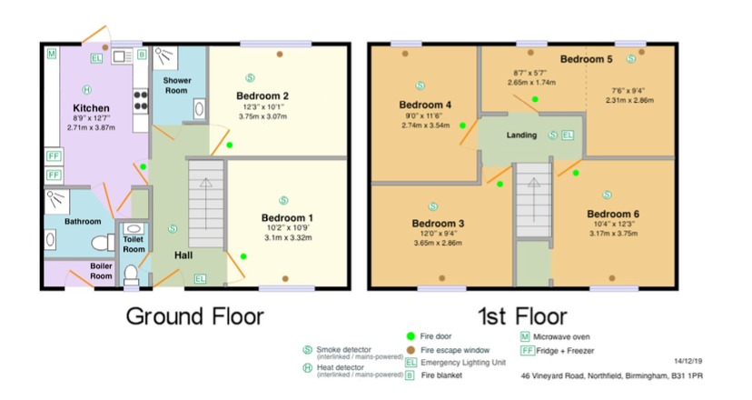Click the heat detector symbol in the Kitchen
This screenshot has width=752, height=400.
(x=87, y=89)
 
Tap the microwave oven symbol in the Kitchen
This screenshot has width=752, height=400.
(x=52, y=54)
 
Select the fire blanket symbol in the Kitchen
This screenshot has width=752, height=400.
(x=142, y=55)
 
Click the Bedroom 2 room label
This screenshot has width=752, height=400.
(x=262, y=96)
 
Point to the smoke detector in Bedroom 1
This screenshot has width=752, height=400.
(x=283, y=200)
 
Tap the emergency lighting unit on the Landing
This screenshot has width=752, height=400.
(x=568, y=135)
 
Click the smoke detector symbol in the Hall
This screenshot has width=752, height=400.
(x=173, y=229)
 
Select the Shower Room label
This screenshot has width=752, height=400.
(x=177, y=85)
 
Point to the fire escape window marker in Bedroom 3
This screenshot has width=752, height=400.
(x=442, y=278)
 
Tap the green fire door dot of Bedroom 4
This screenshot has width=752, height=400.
(x=462, y=125)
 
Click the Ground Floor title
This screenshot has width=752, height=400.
(x=194, y=317)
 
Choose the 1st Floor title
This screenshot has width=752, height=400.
(x=522, y=317)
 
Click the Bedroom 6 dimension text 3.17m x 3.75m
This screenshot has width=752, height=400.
(x=613, y=234)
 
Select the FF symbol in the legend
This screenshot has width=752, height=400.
(x=528, y=351)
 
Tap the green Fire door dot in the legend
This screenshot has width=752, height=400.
(x=411, y=336)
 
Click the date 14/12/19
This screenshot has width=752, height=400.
(x=688, y=361)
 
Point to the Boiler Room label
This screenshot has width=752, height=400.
(x=101, y=271)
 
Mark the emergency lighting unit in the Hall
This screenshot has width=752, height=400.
(x=200, y=278)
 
